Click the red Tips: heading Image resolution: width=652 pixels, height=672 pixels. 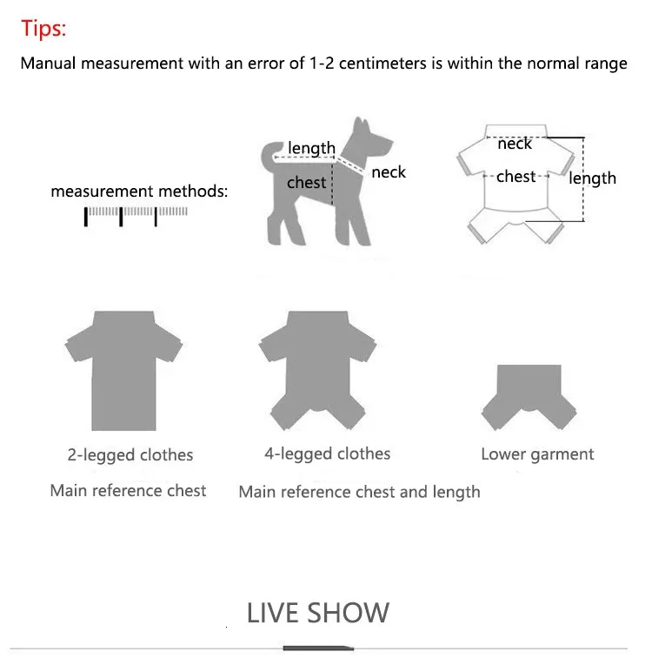(x=43, y=29)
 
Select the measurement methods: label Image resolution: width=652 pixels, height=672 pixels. (x=139, y=192)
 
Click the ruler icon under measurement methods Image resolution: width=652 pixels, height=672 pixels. (x=136, y=217)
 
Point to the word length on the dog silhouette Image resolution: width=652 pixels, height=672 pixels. (x=312, y=148)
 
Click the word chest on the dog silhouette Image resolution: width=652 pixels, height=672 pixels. (x=306, y=183)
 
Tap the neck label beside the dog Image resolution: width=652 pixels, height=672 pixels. (x=389, y=172)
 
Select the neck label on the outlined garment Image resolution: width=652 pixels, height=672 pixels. (x=515, y=144)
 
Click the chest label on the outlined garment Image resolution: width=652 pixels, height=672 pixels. (x=516, y=177)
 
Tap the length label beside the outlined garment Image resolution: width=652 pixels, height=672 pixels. (x=593, y=178)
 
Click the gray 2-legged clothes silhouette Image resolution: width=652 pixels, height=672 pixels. (x=123, y=371)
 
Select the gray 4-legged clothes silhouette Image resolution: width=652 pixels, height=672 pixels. (x=317, y=370)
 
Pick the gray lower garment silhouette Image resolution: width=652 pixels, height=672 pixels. (x=529, y=397)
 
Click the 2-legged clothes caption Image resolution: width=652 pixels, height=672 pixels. (x=130, y=455)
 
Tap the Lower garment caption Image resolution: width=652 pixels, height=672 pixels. (x=537, y=454)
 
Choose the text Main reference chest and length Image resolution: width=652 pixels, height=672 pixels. (x=359, y=492)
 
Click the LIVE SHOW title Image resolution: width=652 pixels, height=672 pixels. (x=317, y=613)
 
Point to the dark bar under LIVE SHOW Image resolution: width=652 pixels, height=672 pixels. (x=318, y=648)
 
